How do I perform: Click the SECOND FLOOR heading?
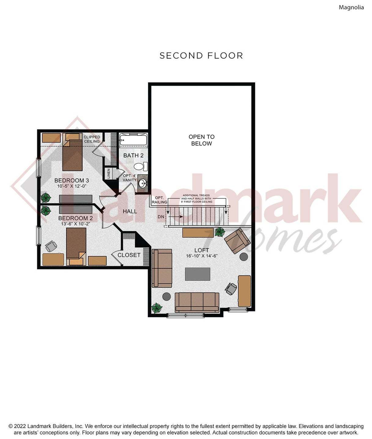[201, 56]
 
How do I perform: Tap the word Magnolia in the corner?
[351, 7]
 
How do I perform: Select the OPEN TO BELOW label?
[201, 140]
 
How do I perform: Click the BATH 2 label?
[133, 156]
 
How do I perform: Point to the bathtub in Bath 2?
[133, 140]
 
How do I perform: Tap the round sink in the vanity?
[142, 183]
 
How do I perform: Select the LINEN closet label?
[109, 174]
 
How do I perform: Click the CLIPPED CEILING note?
[92, 139]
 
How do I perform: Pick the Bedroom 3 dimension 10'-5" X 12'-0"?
[72, 186]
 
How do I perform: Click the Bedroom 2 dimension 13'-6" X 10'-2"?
[75, 224]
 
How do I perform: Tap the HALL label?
[130, 211]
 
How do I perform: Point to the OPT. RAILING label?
[159, 200]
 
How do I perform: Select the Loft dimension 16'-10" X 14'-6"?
[201, 256]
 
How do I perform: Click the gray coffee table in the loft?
[197, 274]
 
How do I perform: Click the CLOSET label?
[129, 255]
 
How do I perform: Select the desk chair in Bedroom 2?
[51, 246]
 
